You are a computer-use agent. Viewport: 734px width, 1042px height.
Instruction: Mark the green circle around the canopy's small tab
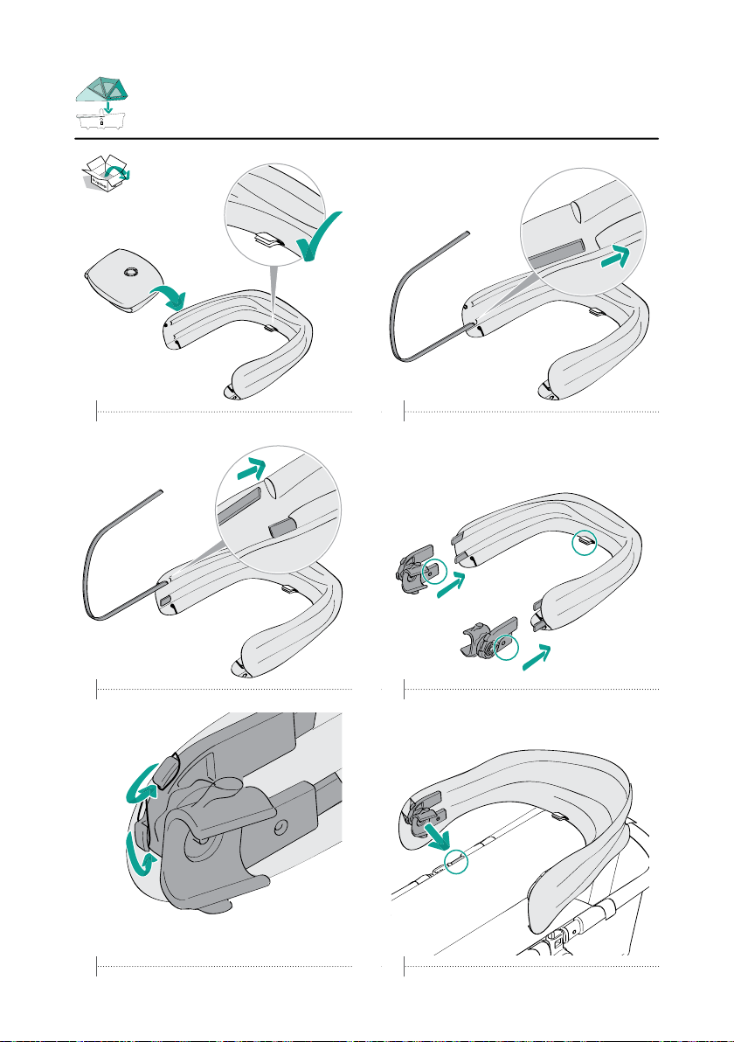[x=586, y=544]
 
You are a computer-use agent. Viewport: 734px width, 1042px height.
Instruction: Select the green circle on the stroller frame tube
[x=454, y=860]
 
